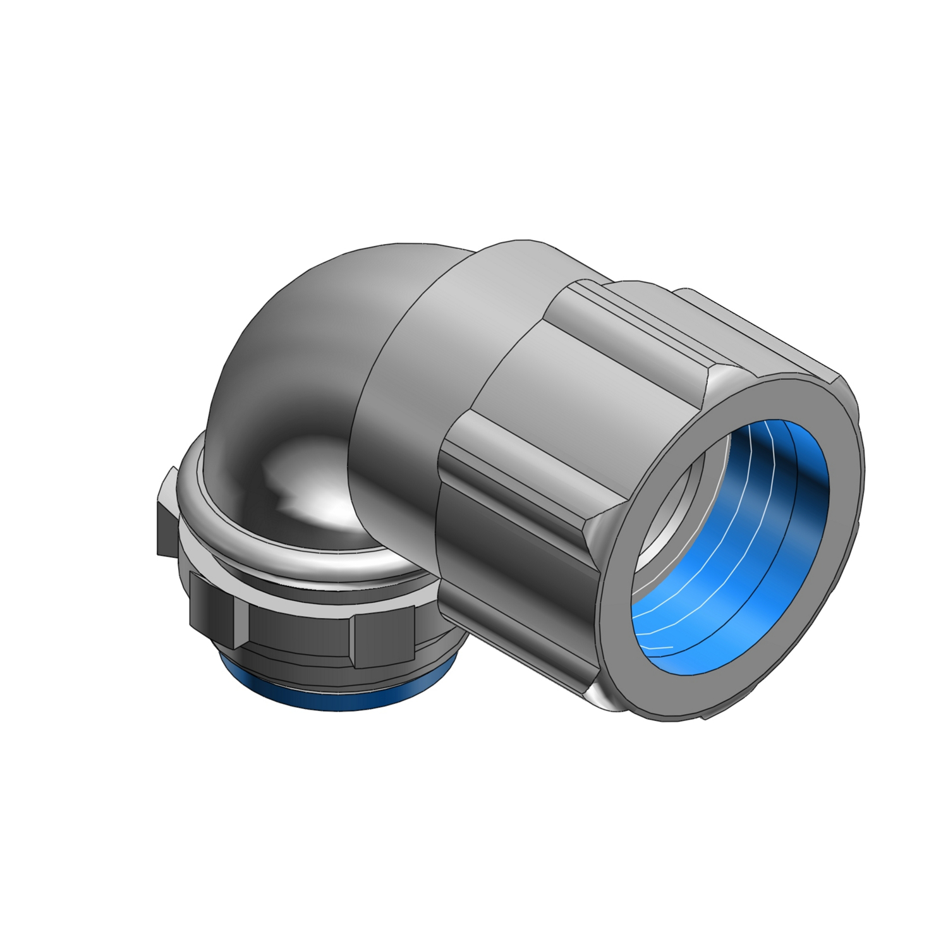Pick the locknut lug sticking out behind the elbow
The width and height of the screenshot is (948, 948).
point(168,512)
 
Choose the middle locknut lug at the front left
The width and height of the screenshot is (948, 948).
point(212,604)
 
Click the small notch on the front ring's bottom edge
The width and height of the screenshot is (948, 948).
point(705,717)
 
